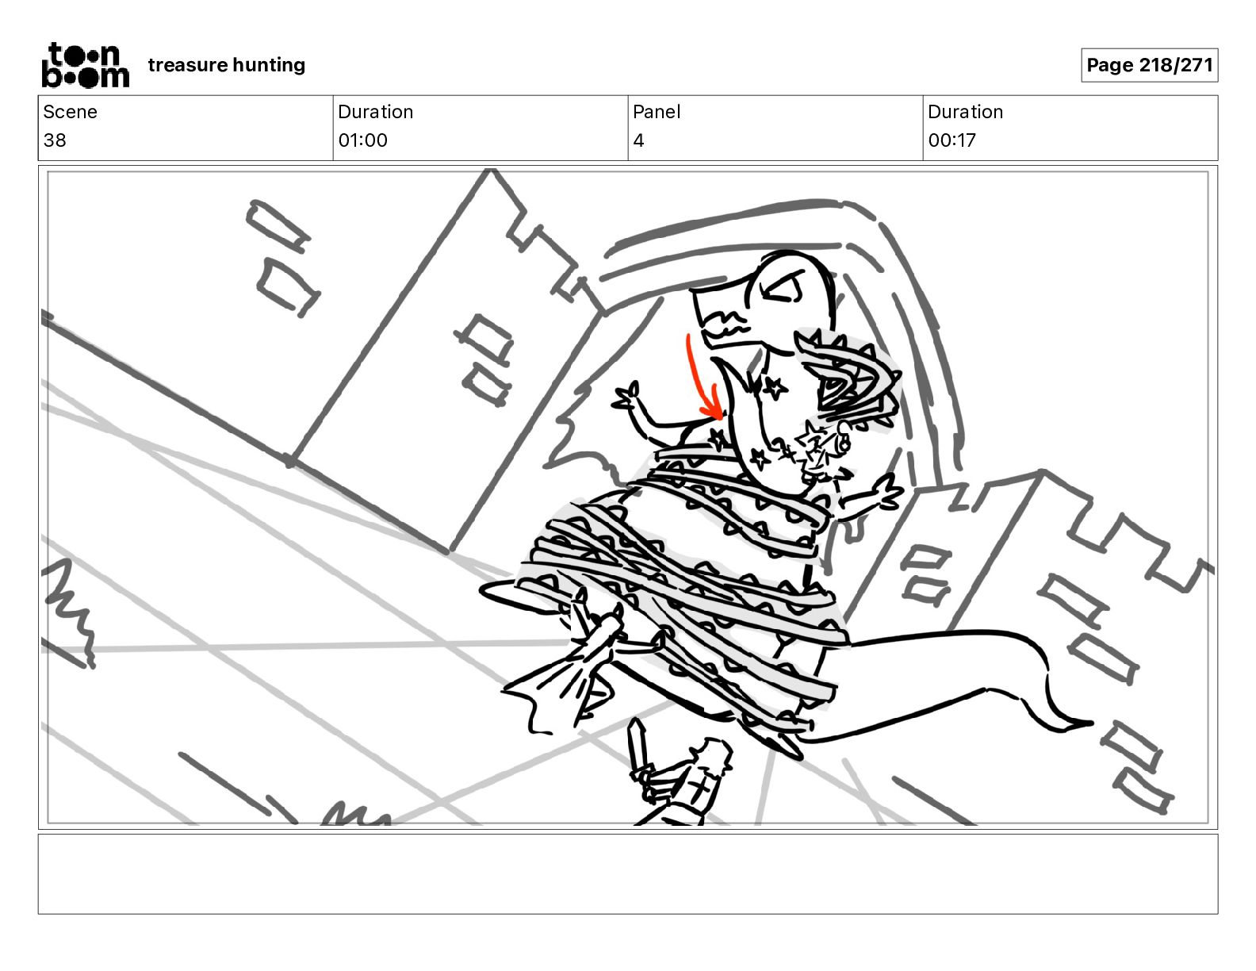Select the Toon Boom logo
pyautogui.click(x=86, y=65)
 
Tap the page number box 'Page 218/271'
pyautogui.click(x=1149, y=65)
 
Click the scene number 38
pyautogui.click(x=55, y=140)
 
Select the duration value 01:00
pyautogui.click(x=363, y=140)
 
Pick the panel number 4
pyautogui.click(x=638, y=140)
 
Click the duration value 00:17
pyautogui.click(x=952, y=140)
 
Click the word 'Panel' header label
pyautogui.click(x=657, y=112)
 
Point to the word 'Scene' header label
pyautogui.click(x=70, y=112)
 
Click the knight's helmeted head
pyautogui.click(x=713, y=757)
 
